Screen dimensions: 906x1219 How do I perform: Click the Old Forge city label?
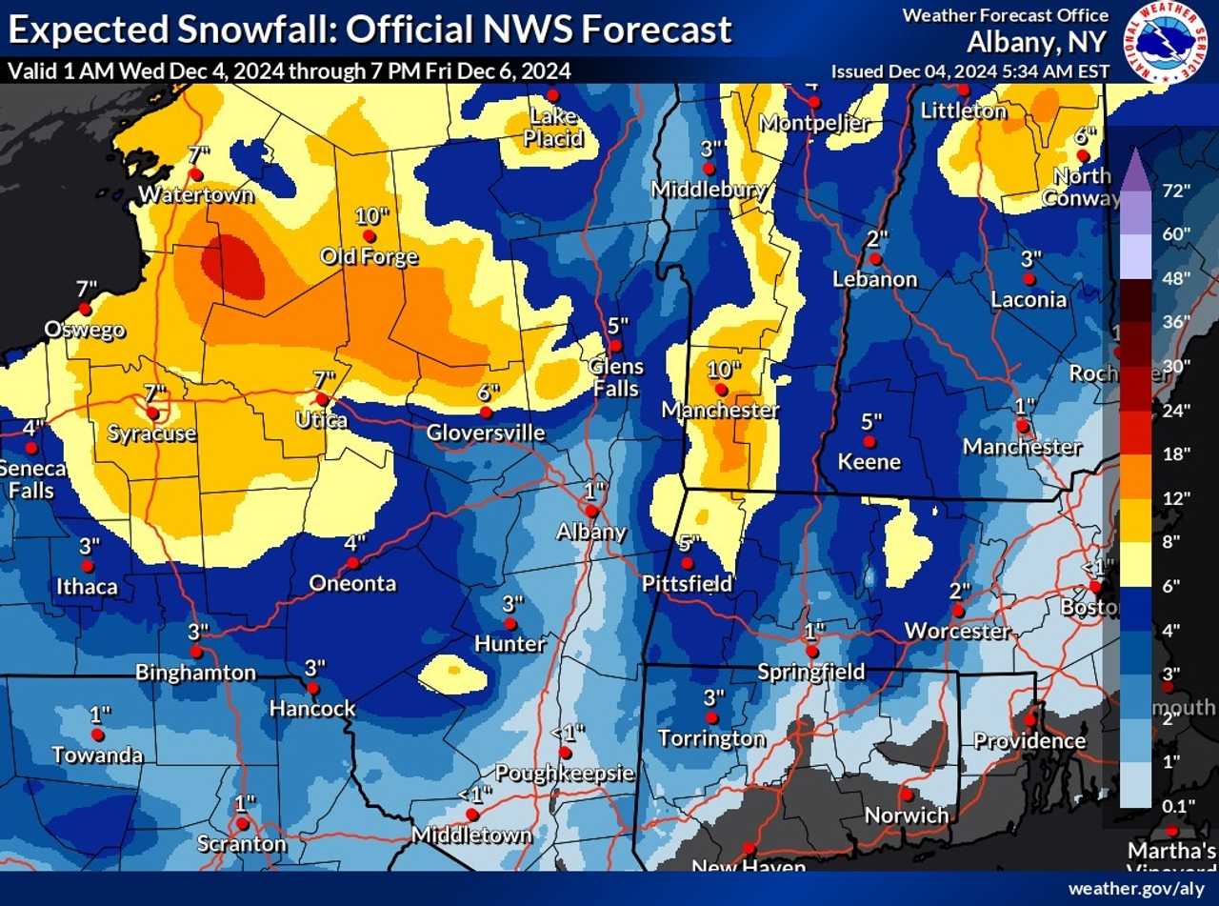click(369, 256)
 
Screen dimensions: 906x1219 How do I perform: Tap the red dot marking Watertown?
click(196, 174)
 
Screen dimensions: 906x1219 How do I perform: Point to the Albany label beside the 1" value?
click(591, 532)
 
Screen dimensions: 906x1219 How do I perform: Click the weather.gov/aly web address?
click(1135, 888)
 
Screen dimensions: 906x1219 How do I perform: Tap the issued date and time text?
click(969, 71)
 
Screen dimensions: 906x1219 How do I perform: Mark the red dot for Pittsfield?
click(688, 563)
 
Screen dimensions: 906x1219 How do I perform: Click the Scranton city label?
click(241, 844)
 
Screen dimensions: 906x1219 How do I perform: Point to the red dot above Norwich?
click(907, 794)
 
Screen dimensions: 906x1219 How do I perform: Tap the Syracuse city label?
click(151, 434)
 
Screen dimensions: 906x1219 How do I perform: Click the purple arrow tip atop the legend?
click(1139, 163)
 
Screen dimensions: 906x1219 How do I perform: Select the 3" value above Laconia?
click(1031, 258)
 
